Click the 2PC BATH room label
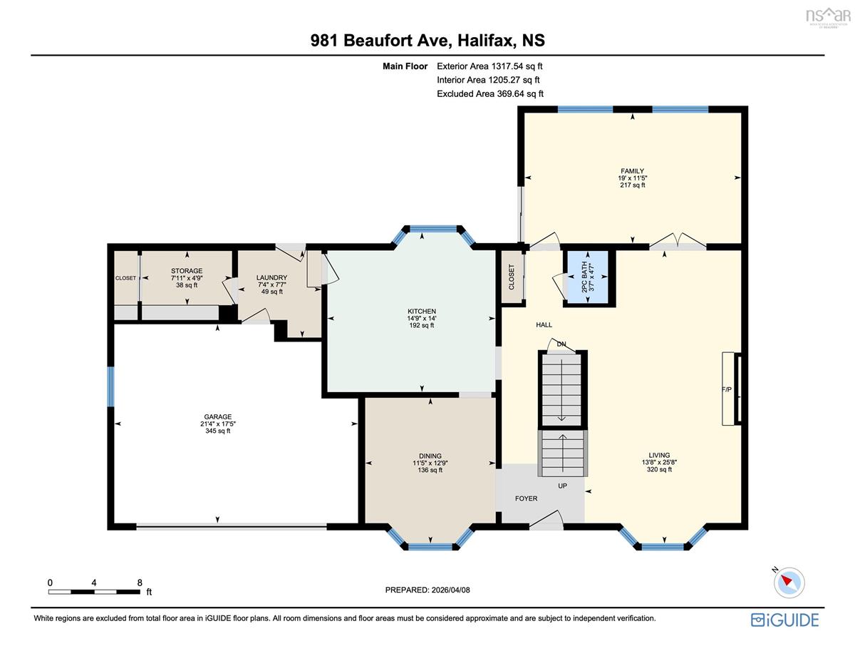584,277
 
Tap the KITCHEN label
421,311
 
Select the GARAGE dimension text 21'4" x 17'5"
217,424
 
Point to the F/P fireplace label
727,389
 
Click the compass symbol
789,583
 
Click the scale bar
95,592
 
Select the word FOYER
526,498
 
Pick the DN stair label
561,344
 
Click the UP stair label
562,486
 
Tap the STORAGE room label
187,271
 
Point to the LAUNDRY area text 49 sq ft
272,292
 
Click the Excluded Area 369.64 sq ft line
490,93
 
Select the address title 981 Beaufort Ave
380,41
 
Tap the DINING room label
430,456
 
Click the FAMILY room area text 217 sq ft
632,185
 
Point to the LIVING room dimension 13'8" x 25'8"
659,462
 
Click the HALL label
544,324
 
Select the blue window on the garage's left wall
111,386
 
